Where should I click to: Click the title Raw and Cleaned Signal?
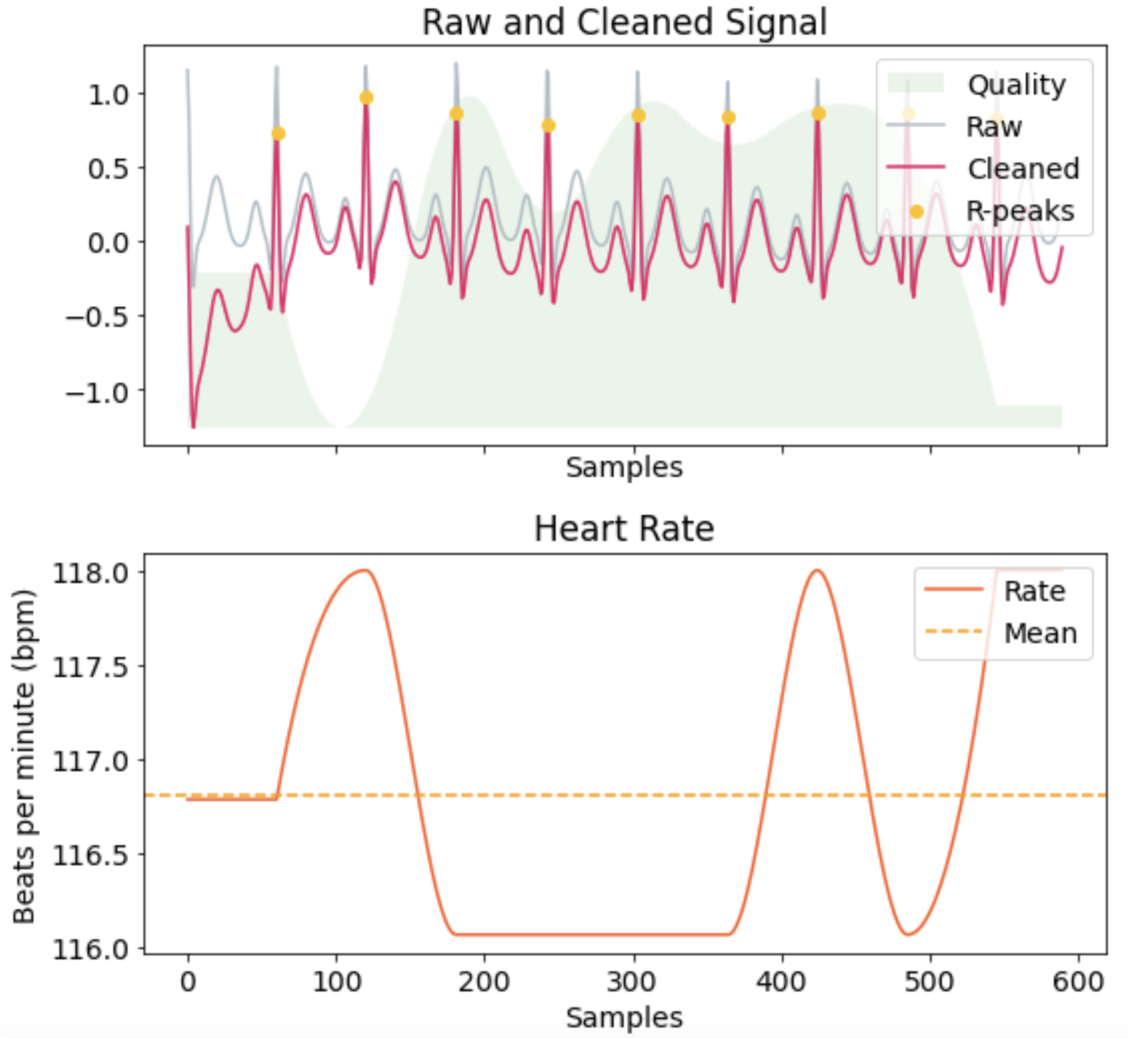[x=624, y=23]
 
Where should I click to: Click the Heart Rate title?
[x=624, y=529]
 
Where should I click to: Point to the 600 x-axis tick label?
[x=1078, y=982]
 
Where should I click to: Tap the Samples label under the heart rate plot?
[x=624, y=1017]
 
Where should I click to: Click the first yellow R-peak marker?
[x=278, y=134]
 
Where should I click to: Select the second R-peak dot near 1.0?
[x=366, y=98]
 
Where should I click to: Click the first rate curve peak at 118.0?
[x=366, y=571]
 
